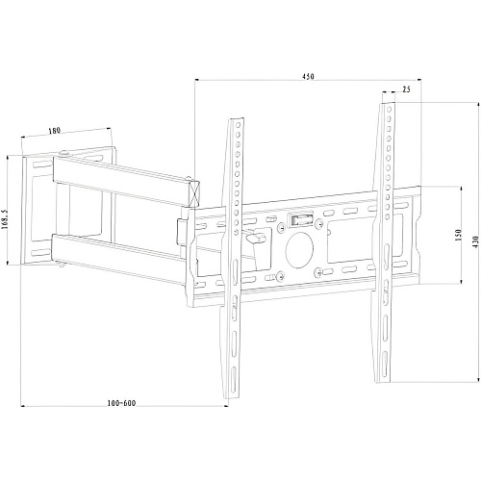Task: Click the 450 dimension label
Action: [308, 76]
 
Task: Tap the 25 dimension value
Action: [406, 89]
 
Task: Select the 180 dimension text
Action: [54, 131]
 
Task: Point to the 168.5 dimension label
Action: [5, 217]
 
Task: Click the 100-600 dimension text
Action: [121, 403]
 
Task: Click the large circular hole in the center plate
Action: [299, 250]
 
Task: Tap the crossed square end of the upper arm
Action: [193, 193]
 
